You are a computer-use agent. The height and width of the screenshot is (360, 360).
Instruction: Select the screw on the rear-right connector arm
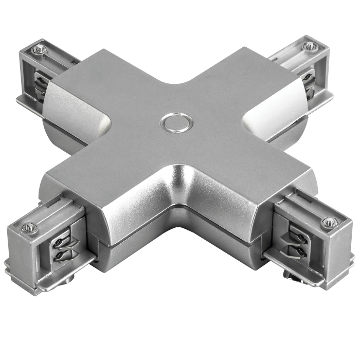pyautogui.click(x=309, y=46)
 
